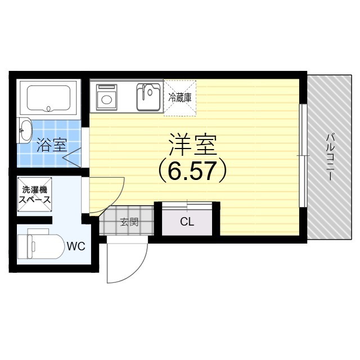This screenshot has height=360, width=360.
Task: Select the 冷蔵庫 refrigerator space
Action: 179,97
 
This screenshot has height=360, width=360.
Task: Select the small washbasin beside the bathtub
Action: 25,130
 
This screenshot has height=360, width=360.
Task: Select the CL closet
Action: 187,222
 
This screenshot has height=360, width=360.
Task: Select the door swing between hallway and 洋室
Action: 107,194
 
